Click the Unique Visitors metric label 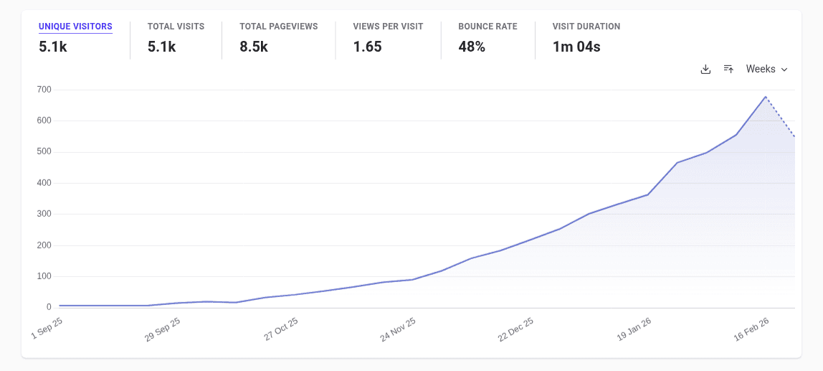tap(75, 27)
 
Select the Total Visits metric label tap(176, 27)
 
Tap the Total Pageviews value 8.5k tap(254, 47)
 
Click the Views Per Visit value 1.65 tap(367, 47)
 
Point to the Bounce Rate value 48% tap(472, 47)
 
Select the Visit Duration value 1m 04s tap(576, 47)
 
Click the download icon tap(705, 69)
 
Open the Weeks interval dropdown tap(766, 69)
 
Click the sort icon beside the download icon tap(728, 69)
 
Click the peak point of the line tap(766, 97)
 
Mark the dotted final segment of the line tap(781, 117)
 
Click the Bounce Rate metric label tap(487, 27)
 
